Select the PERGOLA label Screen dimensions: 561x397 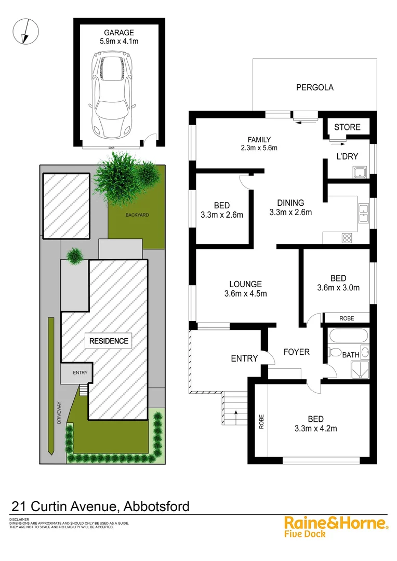pos(315,87)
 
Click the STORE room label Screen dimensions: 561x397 pos(347,127)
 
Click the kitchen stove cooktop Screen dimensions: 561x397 pos(346,238)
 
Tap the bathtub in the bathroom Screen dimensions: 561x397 pos(346,335)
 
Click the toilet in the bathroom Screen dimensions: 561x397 pos(334,353)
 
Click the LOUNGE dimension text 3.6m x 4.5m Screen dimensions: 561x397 pos(245,294)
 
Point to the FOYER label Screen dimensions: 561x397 pos(296,352)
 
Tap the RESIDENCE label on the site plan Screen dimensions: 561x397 pos(109,341)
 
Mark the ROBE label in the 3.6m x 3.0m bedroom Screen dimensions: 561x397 pos(347,318)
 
